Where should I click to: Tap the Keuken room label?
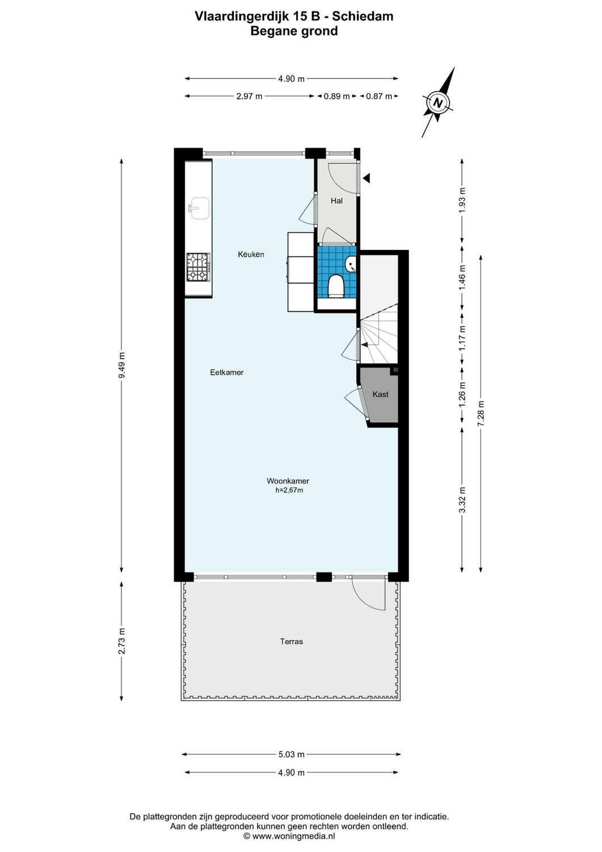pyautogui.click(x=251, y=254)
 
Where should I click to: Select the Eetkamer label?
pyautogui.click(x=227, y=373)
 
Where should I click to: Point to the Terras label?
pyautogui.click(x=292, y=641)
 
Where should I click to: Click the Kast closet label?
pyautogui.click(x=380, y=394)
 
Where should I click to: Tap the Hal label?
pyautogui.click(x=336, y=201)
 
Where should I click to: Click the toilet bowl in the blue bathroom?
pyautogui.click(x=336, y=286)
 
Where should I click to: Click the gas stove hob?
pyautogui.click(x=199, y=268)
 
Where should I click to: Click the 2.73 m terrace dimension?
pyautogui.click(x=121, y=641)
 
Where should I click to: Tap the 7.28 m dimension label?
pyautogui.click(x=481, y=414)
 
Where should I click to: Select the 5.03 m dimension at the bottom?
pyautogui.click(x=291, y=754)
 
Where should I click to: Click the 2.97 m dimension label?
pyautogui.click(x=249, y=96)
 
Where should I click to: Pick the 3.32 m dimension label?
pyautogui.click(x=462, y=500)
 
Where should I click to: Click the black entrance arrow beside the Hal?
pyautogui.click(x=367, y=178)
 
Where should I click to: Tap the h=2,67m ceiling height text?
pyautogui.click(x=289, y=490)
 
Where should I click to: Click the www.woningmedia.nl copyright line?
pyautogui.click(x=289, y=836)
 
